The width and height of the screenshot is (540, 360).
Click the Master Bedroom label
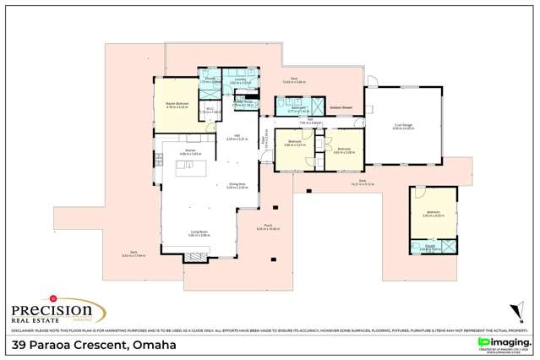176,103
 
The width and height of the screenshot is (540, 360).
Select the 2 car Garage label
403,126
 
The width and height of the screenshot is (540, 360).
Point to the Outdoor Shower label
341,108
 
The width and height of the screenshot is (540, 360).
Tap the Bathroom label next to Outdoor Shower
298,108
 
